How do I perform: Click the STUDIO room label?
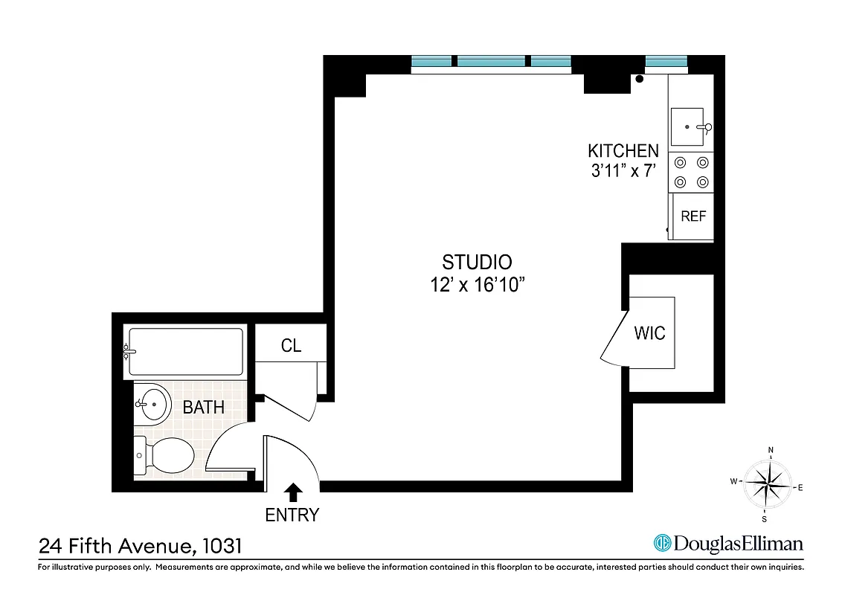477,263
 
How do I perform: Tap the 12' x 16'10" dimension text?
477,285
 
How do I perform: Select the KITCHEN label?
623,151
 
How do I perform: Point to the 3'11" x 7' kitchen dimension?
623,171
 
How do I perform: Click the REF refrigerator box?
693,216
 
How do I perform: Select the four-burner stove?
690,172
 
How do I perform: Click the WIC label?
649,333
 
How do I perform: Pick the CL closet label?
291,346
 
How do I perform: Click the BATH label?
204,408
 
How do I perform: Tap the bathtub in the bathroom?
185,352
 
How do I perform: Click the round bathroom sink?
153,405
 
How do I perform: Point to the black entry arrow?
293,491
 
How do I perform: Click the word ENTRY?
292,515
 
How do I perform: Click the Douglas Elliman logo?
728,544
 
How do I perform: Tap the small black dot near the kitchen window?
640,79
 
